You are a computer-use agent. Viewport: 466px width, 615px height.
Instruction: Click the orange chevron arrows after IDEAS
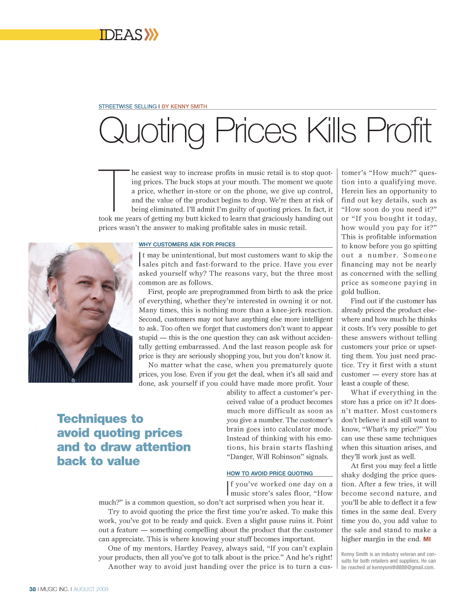pos(151,35)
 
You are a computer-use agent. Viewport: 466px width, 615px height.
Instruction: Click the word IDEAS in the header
pos(121,35)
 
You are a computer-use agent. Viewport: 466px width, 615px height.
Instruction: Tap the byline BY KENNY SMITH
pos(184,106)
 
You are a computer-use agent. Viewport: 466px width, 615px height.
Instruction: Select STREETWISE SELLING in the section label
pos(127,106)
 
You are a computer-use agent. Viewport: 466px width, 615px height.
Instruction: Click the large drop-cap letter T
pos(114,190)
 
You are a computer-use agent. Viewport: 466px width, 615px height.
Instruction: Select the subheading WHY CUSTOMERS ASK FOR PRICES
pos(187,244)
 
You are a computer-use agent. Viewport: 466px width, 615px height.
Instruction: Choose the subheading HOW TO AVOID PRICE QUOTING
pos(269,473)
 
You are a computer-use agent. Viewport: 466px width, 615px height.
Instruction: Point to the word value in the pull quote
pos(122,461)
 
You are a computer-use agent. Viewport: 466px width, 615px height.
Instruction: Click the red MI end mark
pos(427,539)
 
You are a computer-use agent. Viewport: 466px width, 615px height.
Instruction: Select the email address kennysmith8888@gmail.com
pos(403,567)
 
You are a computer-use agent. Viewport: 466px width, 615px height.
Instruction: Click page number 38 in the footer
pos(32,589)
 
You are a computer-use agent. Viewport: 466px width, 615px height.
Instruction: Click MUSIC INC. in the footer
pos(55,589)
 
